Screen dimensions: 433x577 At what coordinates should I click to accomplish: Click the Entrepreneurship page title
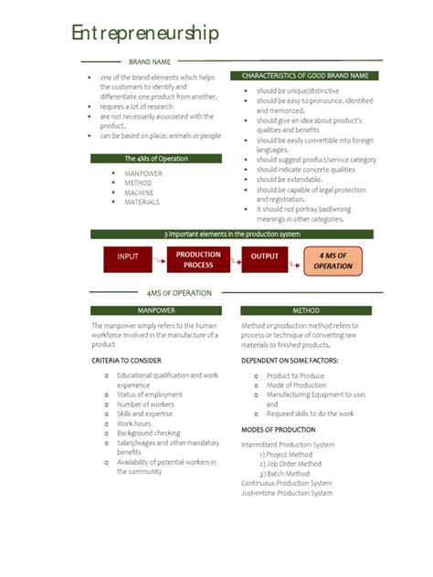pyautogui.click(x=145, y=35)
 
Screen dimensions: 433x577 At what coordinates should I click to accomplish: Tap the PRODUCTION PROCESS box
pyautogui.click(x=198, y=259)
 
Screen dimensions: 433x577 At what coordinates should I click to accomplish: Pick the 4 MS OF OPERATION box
pyautogui.click(x=333, y=260)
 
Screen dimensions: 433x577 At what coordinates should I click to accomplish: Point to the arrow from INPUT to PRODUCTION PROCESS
pyautogui.click(x=159, y=257)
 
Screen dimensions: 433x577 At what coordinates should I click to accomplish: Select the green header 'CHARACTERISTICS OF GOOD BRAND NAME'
pyautogui.click(x=305, y=75)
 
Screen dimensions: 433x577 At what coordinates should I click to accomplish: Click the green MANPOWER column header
pyautogui.click(x=155, y=310)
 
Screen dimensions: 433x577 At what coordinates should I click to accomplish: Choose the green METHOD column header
pyautogui.click(x=305, y=310)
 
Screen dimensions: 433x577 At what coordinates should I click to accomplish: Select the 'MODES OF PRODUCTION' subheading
pyautogui.click(x=278, y=429)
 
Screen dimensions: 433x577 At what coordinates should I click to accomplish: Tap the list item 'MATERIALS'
pyautogui.click(x=142, y=203)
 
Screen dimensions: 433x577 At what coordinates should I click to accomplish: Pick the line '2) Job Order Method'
pyautogui.click(x=290, y=464)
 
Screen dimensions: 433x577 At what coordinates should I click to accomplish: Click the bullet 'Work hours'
pyautogui.click(x=134, y=424)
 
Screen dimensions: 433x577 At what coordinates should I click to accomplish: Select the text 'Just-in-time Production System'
pyautogui.click(x=286, y=493)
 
